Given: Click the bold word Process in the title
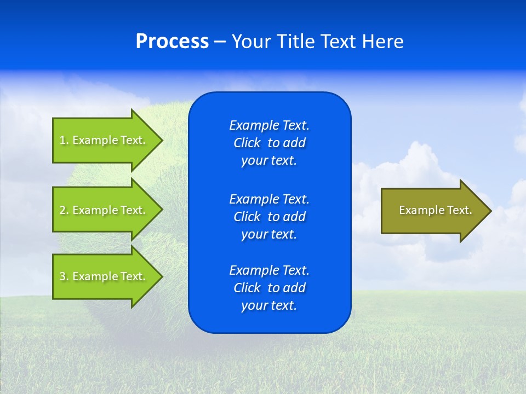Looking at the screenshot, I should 172,42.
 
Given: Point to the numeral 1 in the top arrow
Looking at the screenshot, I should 62,140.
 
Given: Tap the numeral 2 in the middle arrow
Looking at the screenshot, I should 62,210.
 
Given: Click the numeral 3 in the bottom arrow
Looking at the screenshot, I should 62,276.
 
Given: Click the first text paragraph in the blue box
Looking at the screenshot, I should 269,143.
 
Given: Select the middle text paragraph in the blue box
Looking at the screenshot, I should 269,217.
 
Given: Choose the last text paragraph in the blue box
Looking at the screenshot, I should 269,288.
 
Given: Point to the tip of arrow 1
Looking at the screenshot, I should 161,140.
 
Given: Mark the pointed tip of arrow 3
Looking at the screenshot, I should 161,276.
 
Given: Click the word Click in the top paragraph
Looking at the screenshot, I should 247,143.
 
